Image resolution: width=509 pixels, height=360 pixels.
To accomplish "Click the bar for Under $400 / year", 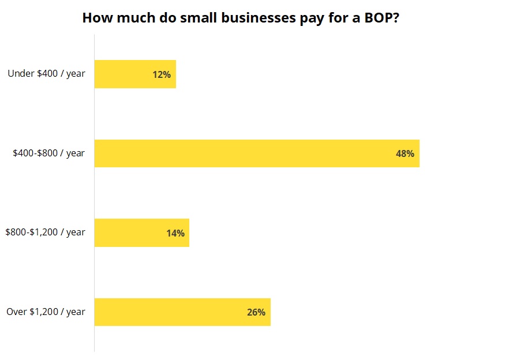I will [x=127, y=74].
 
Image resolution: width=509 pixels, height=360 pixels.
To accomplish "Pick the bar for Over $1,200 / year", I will [x=173, y=312].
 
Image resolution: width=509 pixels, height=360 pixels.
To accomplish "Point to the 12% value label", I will [x=162, y=74].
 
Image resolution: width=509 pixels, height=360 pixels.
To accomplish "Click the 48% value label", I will [x=405, y=153].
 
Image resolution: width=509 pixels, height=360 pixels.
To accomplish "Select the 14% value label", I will [x=175, y=233].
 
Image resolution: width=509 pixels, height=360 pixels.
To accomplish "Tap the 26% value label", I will [x=256, y=312].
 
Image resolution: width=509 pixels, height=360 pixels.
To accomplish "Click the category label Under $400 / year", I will [x=46, y=74].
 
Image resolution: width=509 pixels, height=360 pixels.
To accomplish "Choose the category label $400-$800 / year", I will [x=49, y=153].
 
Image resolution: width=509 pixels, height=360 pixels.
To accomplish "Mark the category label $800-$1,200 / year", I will [x=45, y=232].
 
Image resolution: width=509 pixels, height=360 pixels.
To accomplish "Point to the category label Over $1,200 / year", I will [x=46, y=312].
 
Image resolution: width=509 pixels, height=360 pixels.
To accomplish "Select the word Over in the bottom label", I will [x=17, y=312].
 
